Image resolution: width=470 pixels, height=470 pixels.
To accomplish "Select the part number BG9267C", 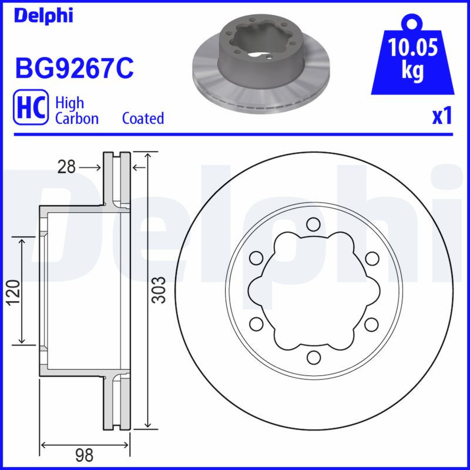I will pos(74,69).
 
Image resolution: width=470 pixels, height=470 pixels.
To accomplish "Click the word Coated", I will pos(143,118).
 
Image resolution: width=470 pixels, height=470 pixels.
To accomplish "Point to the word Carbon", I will pos(76,118).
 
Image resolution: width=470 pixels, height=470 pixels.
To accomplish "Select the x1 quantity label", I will pos(442,116).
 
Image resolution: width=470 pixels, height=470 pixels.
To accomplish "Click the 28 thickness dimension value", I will pos(66,167).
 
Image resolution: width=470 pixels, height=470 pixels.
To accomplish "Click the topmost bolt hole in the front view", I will pos(313,224).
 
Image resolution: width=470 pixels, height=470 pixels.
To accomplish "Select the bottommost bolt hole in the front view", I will pos(313,356).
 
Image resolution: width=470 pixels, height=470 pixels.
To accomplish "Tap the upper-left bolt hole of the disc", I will pos(256,257).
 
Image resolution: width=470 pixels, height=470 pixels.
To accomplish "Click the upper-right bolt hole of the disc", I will pos(371,257).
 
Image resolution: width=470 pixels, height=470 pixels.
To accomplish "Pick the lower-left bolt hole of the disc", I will pos(256,323).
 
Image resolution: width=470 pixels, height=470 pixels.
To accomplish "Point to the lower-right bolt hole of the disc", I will pos(371,323).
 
